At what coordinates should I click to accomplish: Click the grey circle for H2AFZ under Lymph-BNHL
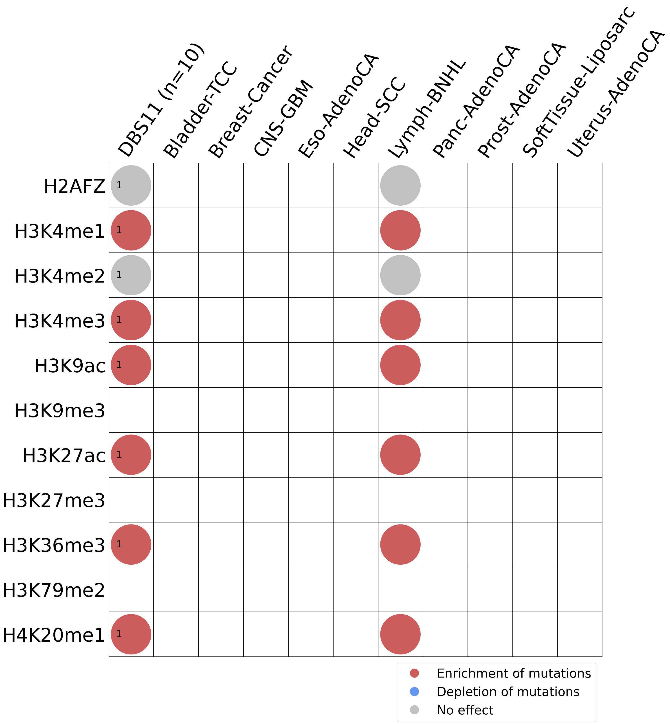pyautogui.click(x=400, y=186)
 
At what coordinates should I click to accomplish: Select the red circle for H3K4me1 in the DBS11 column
pyautogui.click(x=131, y=230)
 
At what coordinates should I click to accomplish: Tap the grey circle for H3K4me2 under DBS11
pyautogui.click(x=131, y=275)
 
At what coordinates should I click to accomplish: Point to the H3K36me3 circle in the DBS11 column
pyautogui.click(x=131, y=544)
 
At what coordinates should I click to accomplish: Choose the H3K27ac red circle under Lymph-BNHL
pyautogui.click(x=400, y=455)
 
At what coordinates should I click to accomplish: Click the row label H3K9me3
pyautogui.click(x=60, y=411)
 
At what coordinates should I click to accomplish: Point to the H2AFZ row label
pyautogui.click(x=74, y=187)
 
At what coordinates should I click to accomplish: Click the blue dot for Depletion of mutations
pyautogui.click(x=414, y=692)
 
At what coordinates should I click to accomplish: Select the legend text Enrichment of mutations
pyautogui.click(x=514, y=674)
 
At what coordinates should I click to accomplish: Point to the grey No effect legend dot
pyautogui.click(x=414, y=710)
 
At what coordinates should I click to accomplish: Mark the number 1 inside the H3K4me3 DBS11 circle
pyautogui.click(x=119, y=320)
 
